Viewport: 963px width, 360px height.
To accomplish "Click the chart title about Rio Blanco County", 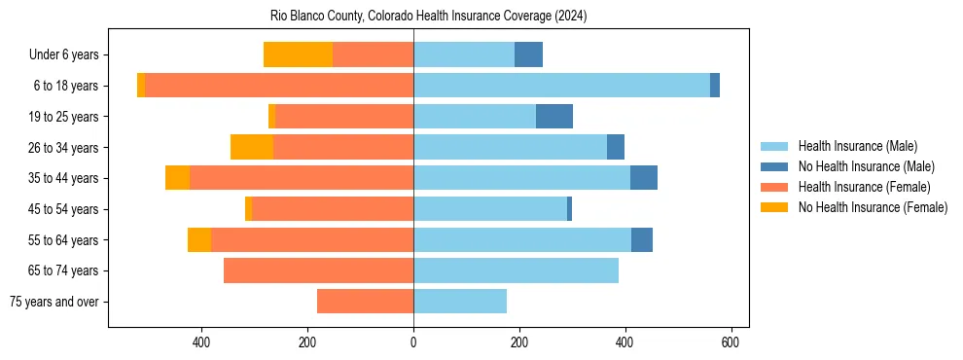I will coord(428,17).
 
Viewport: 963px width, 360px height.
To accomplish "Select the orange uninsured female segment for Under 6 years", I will coord(298,54).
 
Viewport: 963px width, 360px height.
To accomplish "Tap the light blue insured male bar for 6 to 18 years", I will coord(561,86).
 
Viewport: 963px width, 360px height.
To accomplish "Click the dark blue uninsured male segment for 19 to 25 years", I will coord(553,117).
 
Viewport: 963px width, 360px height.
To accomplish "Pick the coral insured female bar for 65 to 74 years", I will coord(318,270).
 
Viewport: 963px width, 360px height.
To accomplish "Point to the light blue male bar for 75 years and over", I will coord(460,302).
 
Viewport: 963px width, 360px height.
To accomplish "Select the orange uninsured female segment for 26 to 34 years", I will coord(251,147).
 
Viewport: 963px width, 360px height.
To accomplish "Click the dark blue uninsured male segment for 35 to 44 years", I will coord(643,178).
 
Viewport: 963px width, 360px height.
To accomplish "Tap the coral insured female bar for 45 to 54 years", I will coord(333,209).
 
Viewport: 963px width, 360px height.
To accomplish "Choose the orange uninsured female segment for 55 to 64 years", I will coord(199,239).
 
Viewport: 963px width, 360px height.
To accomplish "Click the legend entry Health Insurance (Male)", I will coord(857,146).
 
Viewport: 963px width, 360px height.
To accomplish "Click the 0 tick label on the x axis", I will coord(413,342).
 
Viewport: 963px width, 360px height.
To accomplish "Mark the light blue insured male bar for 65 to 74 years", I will coord(516,270).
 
